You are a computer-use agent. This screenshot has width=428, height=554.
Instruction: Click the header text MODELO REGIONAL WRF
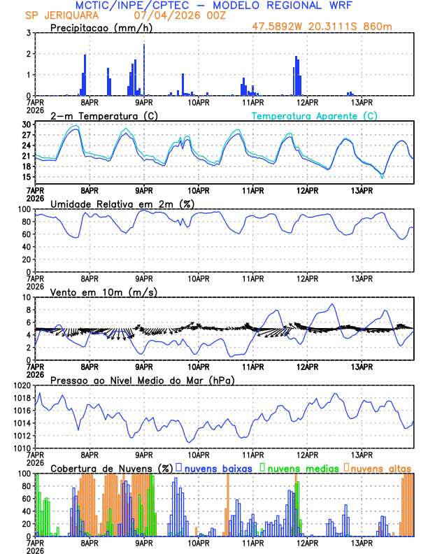294,6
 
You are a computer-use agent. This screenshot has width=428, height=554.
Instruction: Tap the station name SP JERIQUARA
55,15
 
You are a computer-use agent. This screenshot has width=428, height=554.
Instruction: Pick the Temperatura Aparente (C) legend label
315,115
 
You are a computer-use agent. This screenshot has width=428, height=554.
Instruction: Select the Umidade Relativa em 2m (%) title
123,204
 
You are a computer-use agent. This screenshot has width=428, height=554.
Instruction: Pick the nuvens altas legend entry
380,467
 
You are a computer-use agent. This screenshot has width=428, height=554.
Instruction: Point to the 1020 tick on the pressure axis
22,385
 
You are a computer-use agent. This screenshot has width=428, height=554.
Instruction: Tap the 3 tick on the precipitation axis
28,33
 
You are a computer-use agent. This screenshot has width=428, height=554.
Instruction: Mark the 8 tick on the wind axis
28,310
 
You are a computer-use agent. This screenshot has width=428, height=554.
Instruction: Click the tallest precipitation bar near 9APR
144,69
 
